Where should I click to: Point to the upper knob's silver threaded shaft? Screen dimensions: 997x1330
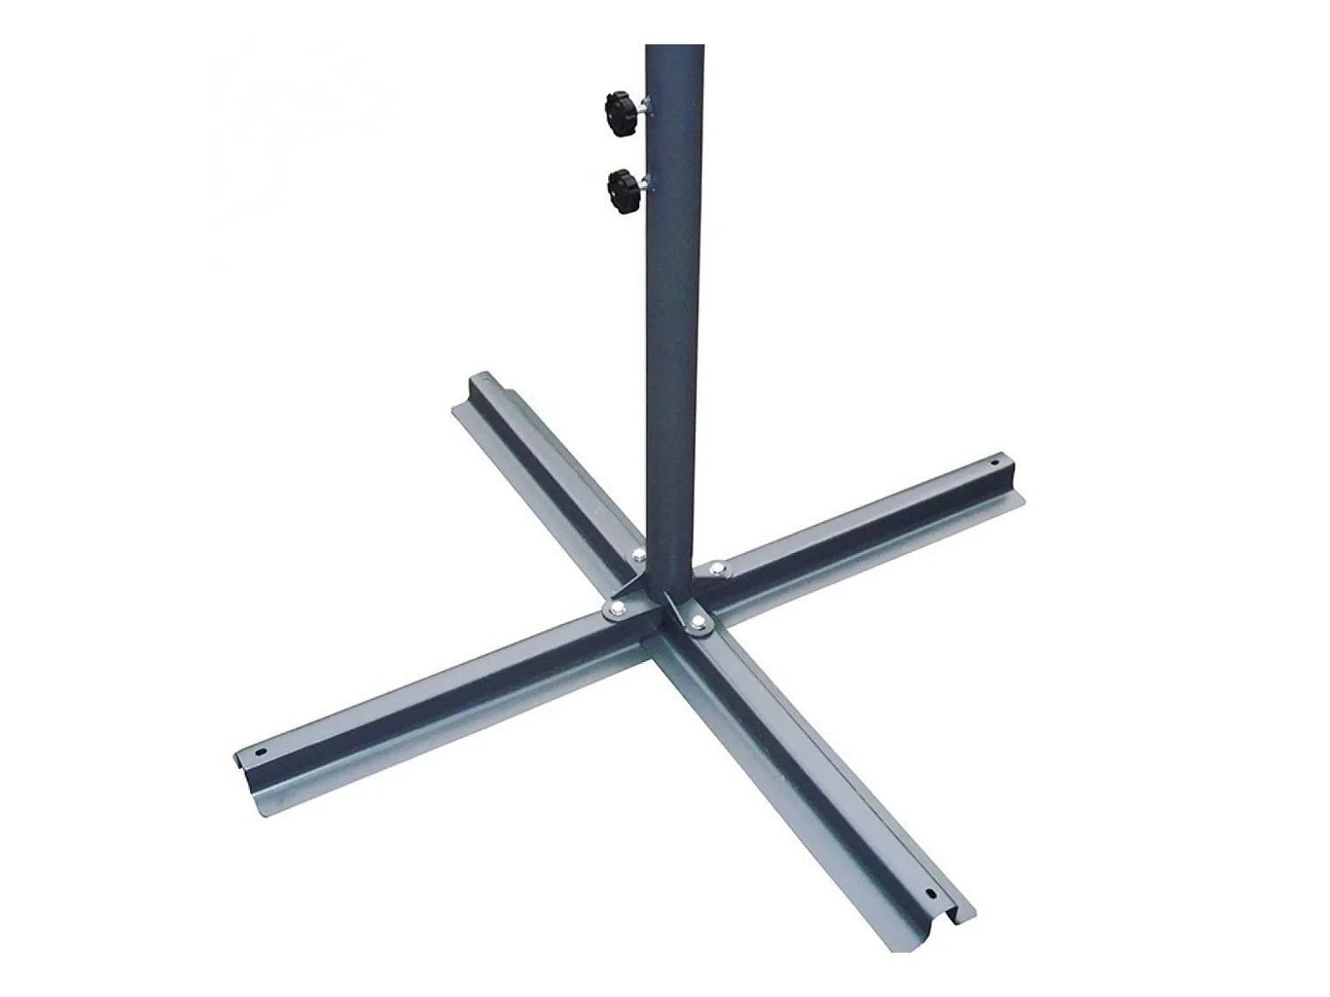[642, 108]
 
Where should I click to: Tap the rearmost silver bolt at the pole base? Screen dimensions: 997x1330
[639, 556]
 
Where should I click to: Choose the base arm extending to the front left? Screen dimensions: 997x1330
[426, 687]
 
